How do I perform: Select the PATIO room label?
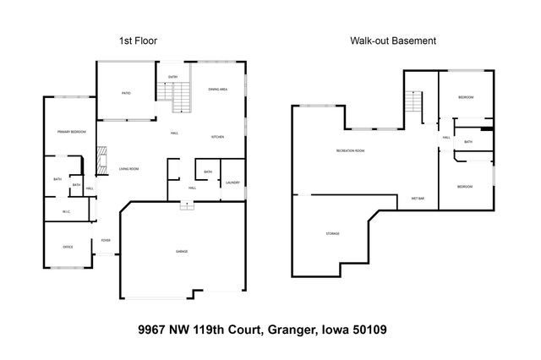125,93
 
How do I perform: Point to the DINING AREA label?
217,89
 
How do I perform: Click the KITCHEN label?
216,137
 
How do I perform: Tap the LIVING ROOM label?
128,168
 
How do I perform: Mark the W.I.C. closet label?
66,211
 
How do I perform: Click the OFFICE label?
68,247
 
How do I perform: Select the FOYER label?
106,240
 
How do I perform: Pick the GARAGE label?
182,252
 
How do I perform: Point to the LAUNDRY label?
232,183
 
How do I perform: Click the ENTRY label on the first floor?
172,78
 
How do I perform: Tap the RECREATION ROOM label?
350,150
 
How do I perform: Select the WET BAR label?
418,198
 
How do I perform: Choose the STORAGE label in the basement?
332,233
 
